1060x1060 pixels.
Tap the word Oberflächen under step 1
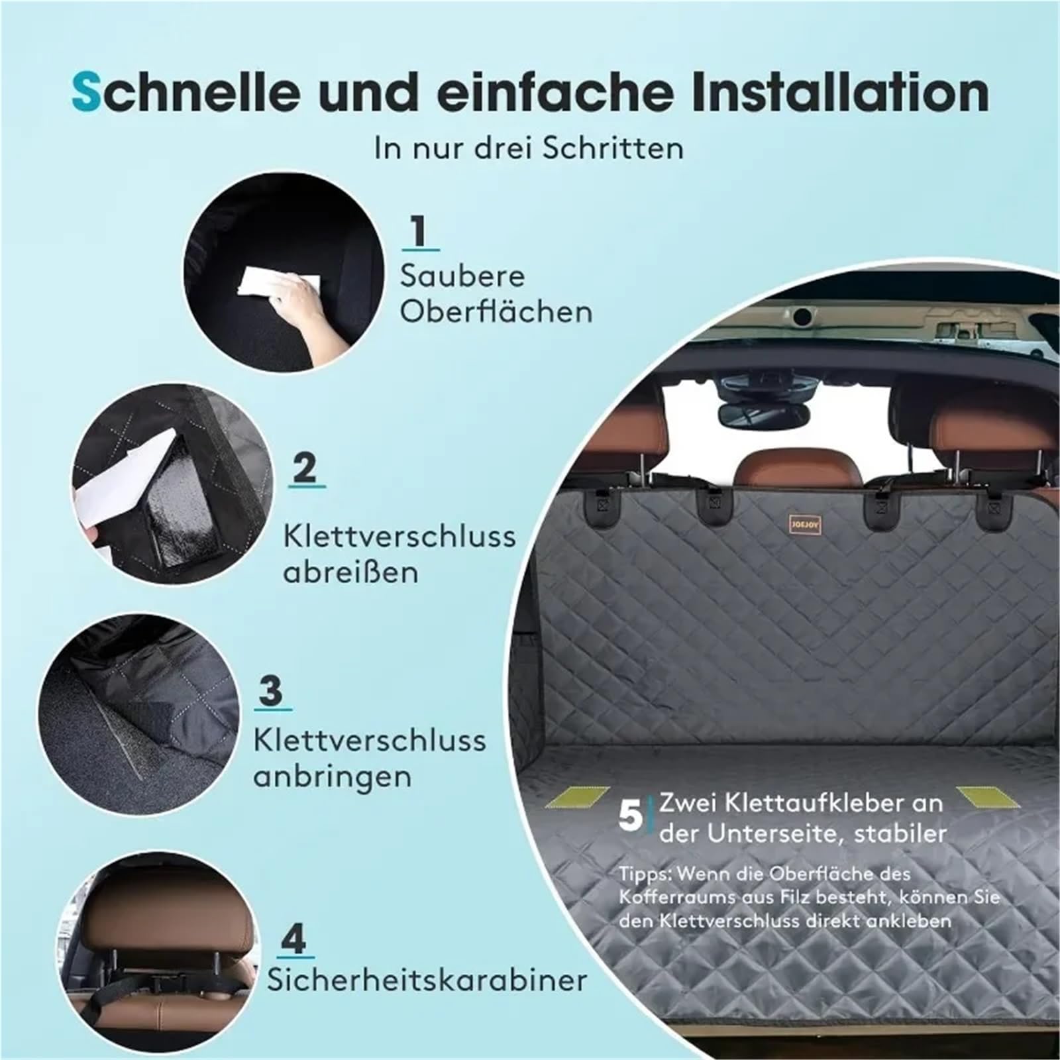click(x=496, y=311)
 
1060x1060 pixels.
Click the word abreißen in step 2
click(x=351, y=571)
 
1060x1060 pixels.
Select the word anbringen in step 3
click(x=333, y=776)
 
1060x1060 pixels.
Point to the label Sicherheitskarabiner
click(x=427, y=980)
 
